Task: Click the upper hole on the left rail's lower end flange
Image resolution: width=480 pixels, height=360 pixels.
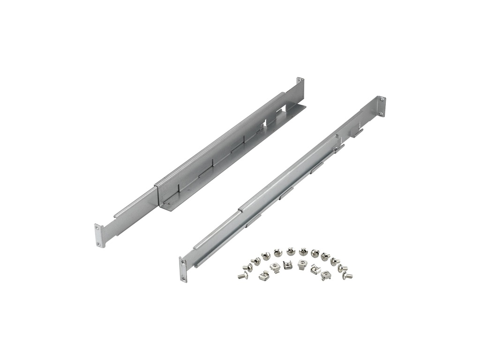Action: point(98,227)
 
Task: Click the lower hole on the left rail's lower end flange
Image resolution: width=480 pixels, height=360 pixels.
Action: point(99,243)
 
